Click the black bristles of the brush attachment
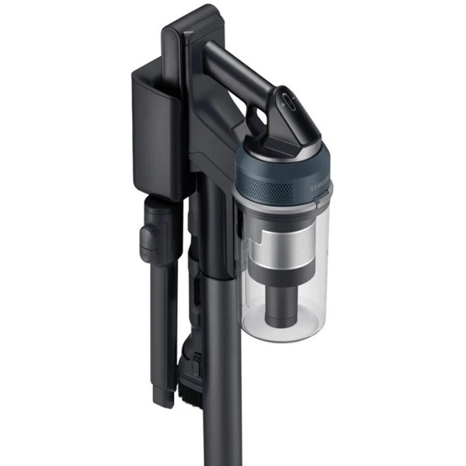click(x=191, y=393)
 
